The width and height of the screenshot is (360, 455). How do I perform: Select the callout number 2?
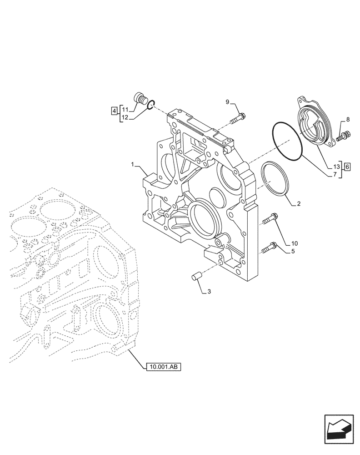coord(298,204)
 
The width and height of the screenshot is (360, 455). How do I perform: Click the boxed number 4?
coord(113,110)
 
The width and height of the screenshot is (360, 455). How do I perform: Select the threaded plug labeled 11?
coord(139,99)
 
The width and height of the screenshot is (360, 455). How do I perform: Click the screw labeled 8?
coord(344,135)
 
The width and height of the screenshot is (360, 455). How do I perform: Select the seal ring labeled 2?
coord(276,184)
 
